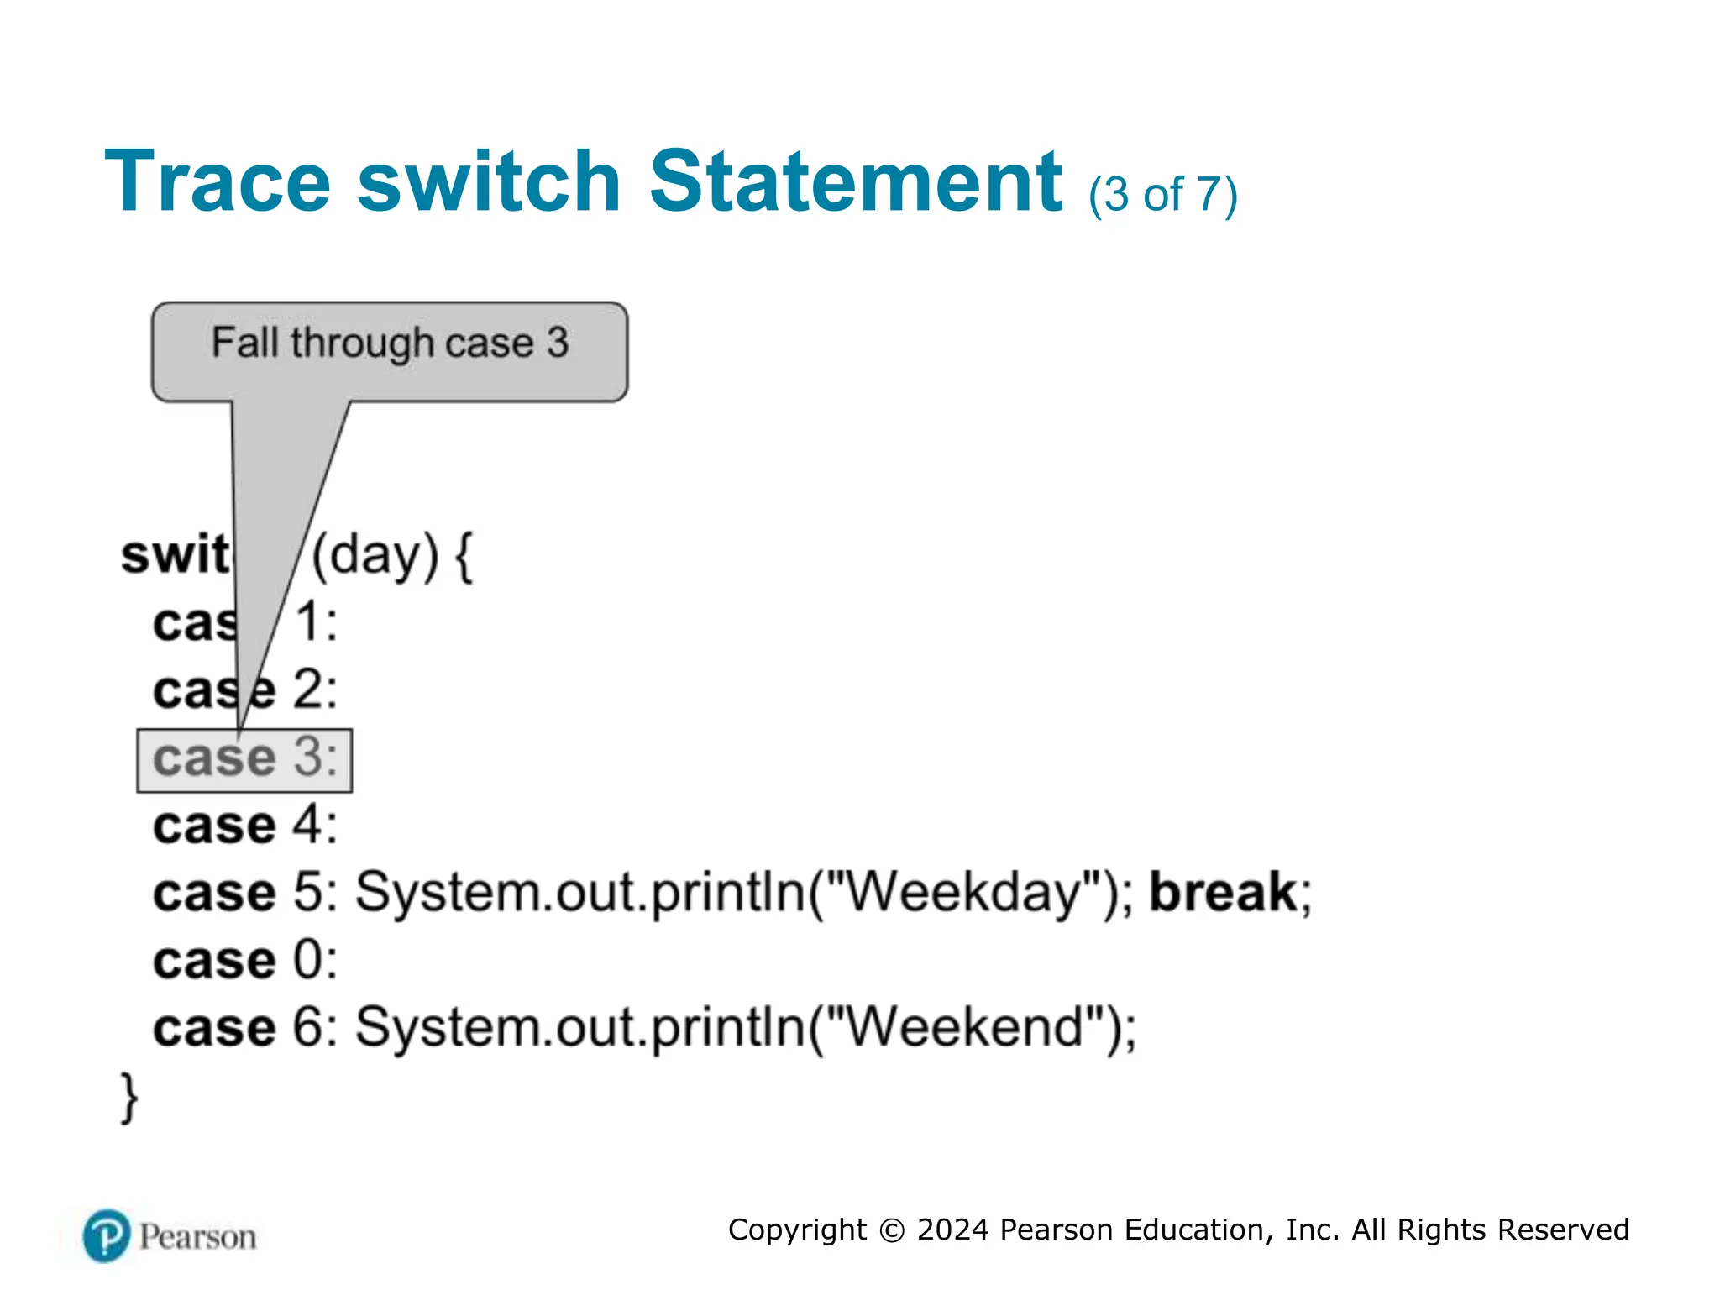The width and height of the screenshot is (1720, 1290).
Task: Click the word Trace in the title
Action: point(218,181)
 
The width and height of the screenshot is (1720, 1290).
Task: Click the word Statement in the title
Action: point(856,181)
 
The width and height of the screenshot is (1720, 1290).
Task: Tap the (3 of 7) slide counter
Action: point(1163,195)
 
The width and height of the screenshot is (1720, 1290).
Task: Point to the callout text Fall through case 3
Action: point(390,343)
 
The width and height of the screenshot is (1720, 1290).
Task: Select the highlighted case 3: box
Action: point(244,760)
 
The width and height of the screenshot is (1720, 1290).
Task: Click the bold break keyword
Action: point(1223,892)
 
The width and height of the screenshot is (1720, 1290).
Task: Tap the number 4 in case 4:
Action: point(307,826)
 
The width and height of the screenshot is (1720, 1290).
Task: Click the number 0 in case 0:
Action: point(307,960)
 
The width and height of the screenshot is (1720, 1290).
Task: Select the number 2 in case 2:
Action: point(307,690)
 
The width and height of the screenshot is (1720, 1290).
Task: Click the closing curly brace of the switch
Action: point(129,1097)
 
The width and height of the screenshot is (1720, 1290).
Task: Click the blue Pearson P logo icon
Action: point(107,1235)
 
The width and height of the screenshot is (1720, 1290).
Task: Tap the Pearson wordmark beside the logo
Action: point(197,1237)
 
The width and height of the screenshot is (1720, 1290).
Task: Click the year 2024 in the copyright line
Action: point(952,1230)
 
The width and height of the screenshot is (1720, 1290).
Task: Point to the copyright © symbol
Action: point(891,1230)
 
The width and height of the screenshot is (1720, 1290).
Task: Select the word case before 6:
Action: point(214,1028)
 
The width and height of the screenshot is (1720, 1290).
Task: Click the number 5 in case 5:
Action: point(307,892)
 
